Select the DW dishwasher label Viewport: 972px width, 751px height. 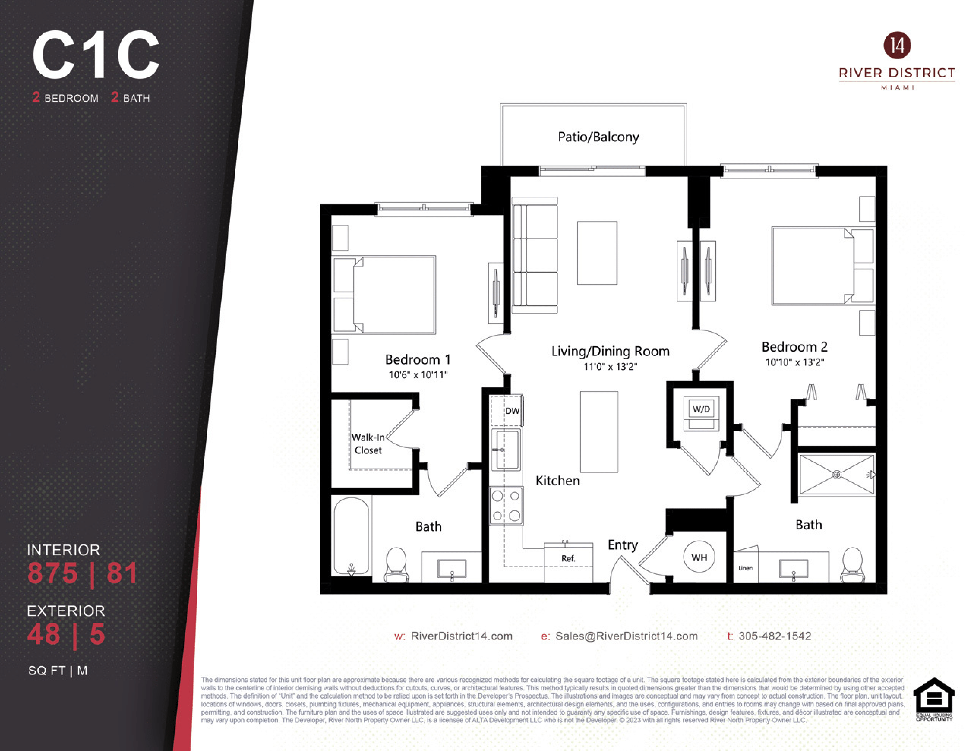pos(512,411)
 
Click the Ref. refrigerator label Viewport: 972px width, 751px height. pos(568,558)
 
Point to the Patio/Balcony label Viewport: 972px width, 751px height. pos(598,137)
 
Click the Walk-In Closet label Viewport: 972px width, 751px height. pos(368,444)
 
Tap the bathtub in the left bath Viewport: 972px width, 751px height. pos(352,536)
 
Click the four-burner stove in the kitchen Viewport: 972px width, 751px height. pos(506,506)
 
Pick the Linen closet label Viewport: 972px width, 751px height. pos(745,568)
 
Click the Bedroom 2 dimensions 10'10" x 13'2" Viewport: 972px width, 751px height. pos(794,362)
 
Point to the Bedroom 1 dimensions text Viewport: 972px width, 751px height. pos(418,375)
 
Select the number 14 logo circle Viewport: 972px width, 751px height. pos(897,45)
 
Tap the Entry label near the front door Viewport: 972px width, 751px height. pos(623,545)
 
